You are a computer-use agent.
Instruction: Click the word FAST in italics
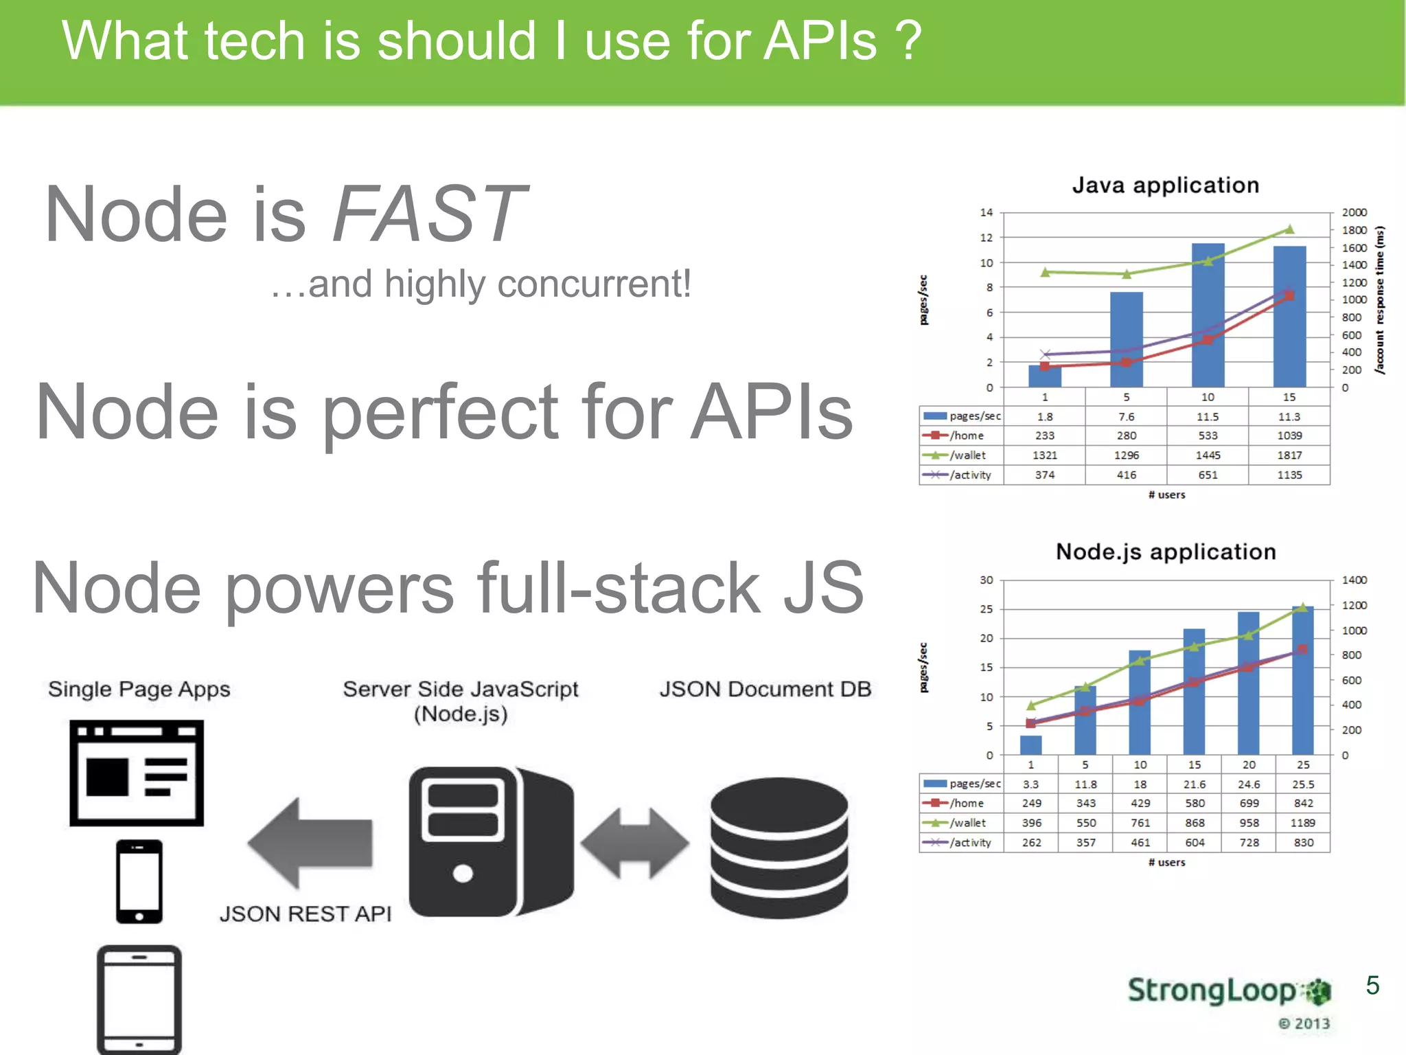(430, 214)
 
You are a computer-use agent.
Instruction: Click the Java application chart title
(1165, 185)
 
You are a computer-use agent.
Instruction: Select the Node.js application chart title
(1165, 552)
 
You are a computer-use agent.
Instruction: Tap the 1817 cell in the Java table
(1289, 455)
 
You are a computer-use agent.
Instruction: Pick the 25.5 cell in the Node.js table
(1302, 784)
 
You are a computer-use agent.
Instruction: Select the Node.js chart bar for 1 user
(1030, 745)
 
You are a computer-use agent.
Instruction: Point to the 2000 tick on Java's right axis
(1354, 213)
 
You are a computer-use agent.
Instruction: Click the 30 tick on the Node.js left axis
(986, 580)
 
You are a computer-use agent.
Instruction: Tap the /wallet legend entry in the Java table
(961, 455)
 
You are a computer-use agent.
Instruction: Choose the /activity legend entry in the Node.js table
(961, 843)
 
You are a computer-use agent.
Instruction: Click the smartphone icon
(139, 881)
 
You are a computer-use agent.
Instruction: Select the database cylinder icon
(779, 848)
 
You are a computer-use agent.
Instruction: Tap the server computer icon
(490, 841)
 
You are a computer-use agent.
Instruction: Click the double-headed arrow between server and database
(634, 843)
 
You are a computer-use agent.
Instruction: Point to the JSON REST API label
(306, 914)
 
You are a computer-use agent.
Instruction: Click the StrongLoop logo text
(1212, 991)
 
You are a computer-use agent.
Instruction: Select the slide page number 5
(1372, 986)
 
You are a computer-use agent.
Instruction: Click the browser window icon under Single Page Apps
(137, 773)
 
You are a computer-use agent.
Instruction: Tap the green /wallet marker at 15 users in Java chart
(1289, 229)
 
